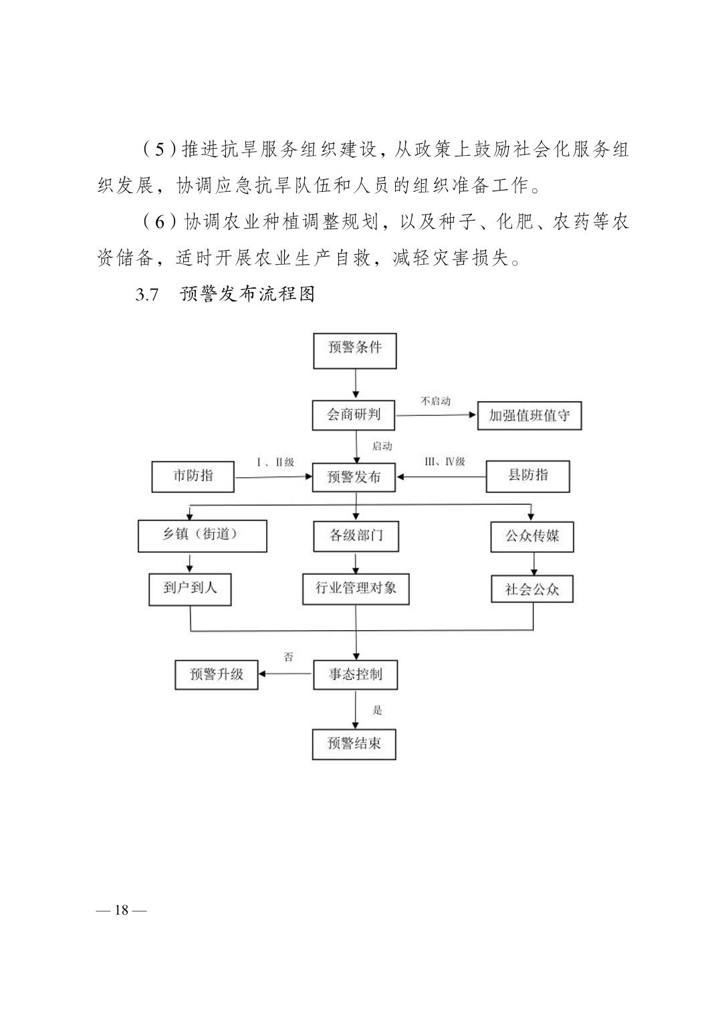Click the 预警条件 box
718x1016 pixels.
coord(355,351)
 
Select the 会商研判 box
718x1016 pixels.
coord(354,415)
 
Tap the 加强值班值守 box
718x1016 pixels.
coord(529,416)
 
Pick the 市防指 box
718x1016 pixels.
coord(193,477)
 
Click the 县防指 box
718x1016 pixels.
coord(527,476)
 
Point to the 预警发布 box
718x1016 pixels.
coord(354,477)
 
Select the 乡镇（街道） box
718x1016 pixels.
coord(203,535)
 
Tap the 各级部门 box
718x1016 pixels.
coord(356,536)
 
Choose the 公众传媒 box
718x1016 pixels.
coord(532,537)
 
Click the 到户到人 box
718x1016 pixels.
coord(190,589)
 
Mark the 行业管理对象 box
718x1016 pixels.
coord(356,589)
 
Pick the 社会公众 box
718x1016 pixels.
coord(532,589)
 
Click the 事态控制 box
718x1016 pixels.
coord(356,675)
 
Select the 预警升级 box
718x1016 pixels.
coord(217,675)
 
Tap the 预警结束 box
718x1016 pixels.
coord(354,745)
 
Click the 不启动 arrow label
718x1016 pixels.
coord(435,401)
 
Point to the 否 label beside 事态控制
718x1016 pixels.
coord(288,657)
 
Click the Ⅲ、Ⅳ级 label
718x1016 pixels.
coord(445,462)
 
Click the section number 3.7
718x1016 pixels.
coord(147,295)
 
